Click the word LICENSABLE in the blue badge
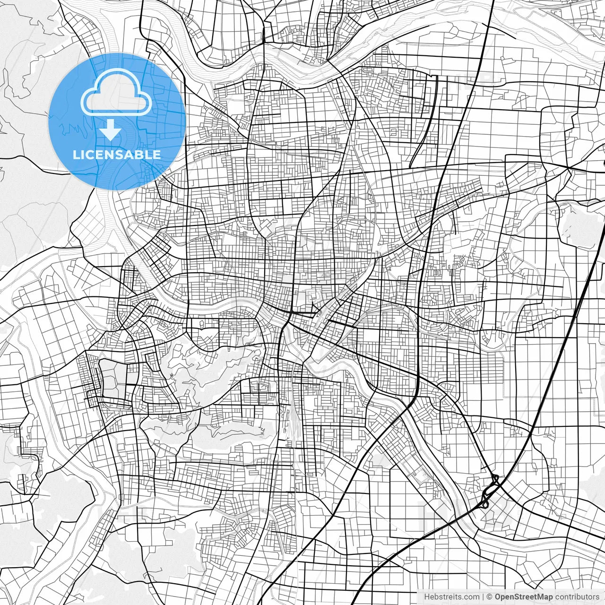coord(117,155)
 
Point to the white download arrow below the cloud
coord(111,130)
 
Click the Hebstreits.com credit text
coord(451,597)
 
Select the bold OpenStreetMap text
coord(523,597)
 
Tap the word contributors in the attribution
coord(577,597)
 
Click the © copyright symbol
coord(490,597)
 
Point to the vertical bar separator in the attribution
coord(483,597)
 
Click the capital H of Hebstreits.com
coord(427,597)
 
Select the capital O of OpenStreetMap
coord(498,597)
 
